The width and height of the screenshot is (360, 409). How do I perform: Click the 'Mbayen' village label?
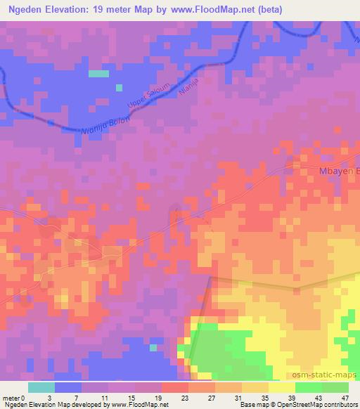(335, 171)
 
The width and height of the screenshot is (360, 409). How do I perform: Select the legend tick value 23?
(165, 398)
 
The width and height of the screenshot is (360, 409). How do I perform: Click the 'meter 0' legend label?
(15, 398)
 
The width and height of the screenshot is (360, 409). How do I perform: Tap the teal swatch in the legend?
(41, 387)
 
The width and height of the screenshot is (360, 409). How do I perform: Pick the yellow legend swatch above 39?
(281, 387)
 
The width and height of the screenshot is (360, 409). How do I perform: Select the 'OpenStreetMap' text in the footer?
(296, 405)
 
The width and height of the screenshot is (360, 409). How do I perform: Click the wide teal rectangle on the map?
(98, 73)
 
